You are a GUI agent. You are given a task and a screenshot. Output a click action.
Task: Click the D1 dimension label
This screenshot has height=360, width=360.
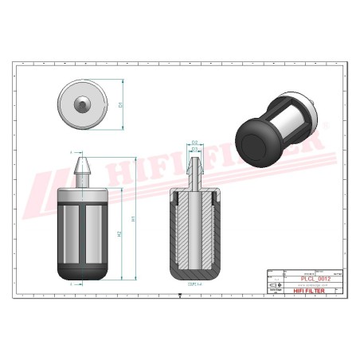120,104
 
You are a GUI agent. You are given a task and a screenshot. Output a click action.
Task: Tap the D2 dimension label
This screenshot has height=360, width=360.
195,143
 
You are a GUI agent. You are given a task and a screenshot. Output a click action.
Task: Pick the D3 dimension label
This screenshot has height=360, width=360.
195,149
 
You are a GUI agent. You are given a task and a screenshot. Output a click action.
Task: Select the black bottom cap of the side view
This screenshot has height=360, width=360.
84,272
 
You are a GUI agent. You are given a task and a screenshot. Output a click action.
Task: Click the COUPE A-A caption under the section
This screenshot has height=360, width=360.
192,284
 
